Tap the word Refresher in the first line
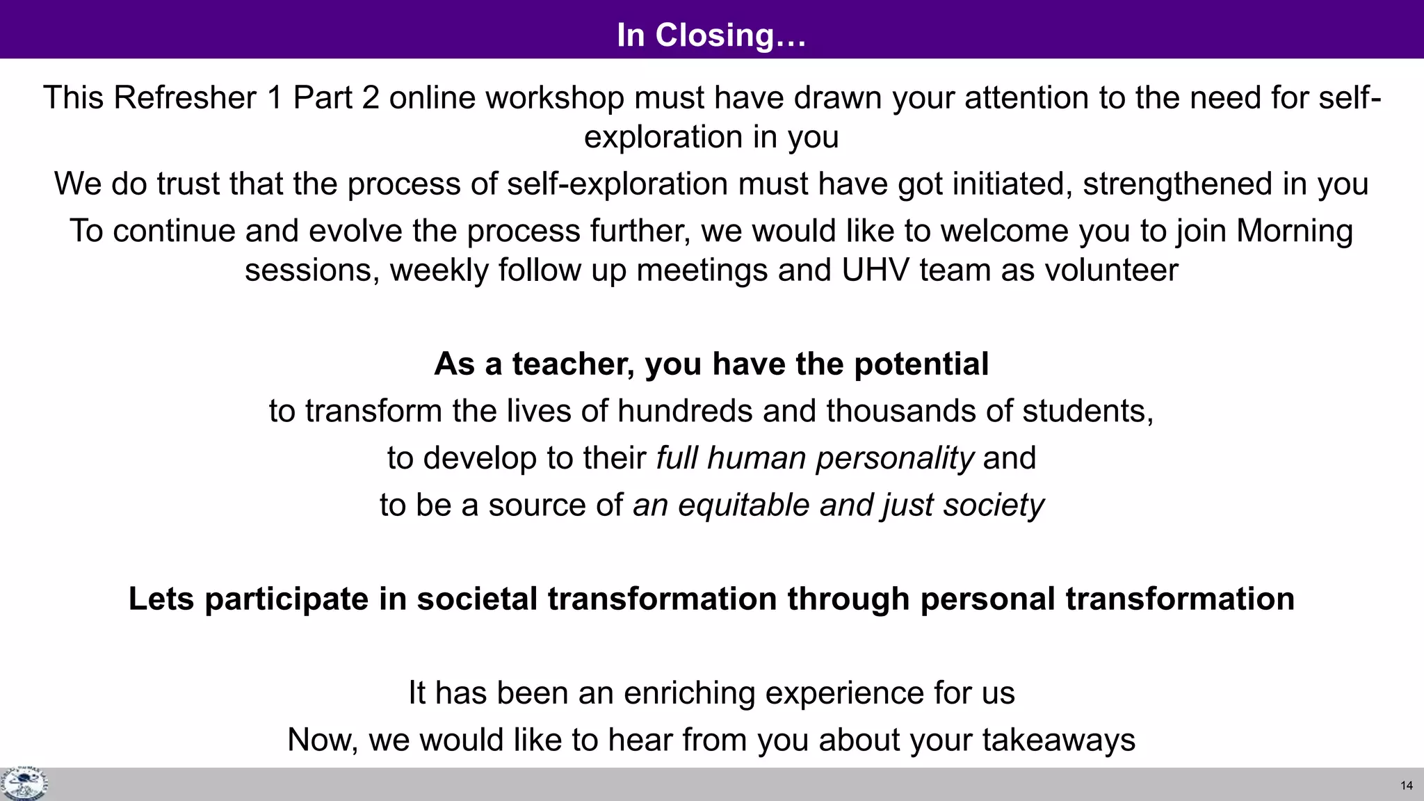click(185, 97)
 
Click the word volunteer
click(1106, 270)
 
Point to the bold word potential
click(921, 364)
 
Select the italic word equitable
click(744, 505)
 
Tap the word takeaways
click(1058, 740)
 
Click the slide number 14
click(1407, 786)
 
